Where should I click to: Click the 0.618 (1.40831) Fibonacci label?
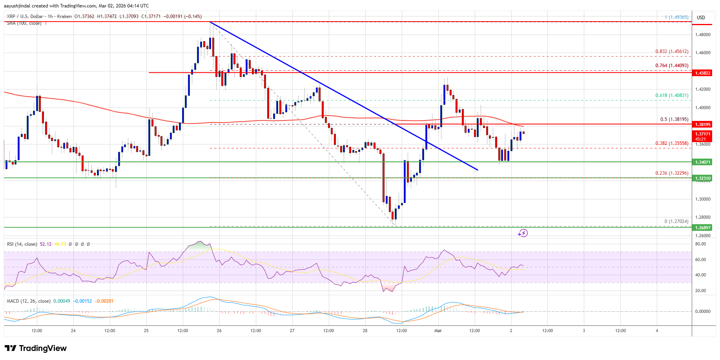point(672,95)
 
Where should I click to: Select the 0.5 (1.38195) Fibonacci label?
point(674,119)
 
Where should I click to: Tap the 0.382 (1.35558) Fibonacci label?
point(672,143)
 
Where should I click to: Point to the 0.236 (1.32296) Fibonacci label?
point(672,173)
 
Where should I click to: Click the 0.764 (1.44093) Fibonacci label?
point(672,66)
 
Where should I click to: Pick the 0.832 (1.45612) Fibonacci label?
point(672,51)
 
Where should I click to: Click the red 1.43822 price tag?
point(703,73)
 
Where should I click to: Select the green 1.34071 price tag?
point(703,162)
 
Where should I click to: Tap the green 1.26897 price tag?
point(703,228)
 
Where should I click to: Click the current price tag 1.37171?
point(703,134)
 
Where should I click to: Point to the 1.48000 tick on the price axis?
point(703,35)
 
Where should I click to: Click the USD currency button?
point(701,17)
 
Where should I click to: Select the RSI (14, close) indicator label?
point(22,244)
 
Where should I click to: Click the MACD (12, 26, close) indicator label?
point(29,301)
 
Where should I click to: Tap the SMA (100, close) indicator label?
point(24,24)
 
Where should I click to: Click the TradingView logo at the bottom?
point(36,348)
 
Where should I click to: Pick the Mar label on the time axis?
point(438,331)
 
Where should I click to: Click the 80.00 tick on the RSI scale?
point(700,244)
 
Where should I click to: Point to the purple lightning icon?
point(522,234)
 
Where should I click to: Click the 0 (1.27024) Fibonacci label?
point(676,221)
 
